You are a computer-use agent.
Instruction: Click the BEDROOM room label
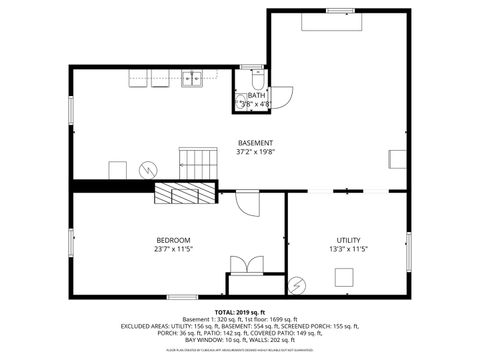[x=173, y=239]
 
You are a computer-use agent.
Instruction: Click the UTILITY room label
[x=348, y=239]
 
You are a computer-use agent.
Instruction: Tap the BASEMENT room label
[x=254, y=143]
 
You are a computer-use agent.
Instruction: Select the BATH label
[x=256, y=96]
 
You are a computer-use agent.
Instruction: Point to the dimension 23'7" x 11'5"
[x=173, y=249]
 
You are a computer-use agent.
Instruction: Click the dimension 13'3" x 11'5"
[x=348, y=249]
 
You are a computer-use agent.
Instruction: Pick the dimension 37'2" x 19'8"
[x=254, y=153]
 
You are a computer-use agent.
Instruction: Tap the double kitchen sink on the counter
[x=194, y=79]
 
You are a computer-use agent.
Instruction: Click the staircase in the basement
[x=198, y=160]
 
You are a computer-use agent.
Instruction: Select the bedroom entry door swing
[x=247, y=203]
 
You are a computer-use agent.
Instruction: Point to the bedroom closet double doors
[x=245, y=264]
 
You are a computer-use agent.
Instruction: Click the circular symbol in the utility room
[x=296, y=285]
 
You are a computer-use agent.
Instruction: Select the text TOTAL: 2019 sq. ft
[x=239, y=312]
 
